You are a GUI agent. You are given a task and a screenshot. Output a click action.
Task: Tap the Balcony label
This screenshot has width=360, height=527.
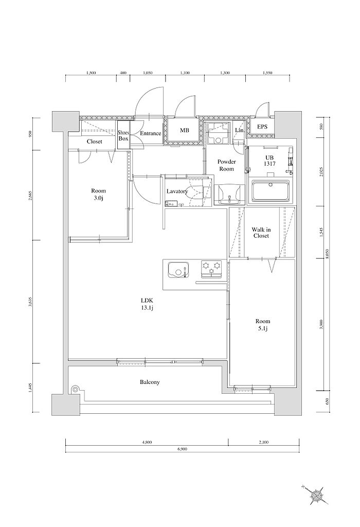pos(150,382)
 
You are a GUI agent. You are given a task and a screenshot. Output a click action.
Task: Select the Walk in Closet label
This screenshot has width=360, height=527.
pos(262,233)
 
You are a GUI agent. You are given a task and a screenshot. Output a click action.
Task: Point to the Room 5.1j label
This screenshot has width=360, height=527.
pos(263,325)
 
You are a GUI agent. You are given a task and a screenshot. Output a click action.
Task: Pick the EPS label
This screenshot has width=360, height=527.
pos(262,127)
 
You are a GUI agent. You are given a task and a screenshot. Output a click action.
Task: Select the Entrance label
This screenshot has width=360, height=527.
pos(151,134)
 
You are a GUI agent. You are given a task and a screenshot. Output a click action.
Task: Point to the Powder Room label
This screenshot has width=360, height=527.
pos(226,165)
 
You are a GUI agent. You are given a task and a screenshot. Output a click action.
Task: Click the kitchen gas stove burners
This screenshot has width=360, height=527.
pos(211,267)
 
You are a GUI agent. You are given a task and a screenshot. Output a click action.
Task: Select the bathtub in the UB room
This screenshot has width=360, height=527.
pos(271,191)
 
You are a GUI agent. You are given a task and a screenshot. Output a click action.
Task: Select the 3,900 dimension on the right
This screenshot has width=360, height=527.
pos(321,325)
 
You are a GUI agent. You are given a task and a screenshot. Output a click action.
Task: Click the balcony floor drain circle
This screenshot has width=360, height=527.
pos(76,390)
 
